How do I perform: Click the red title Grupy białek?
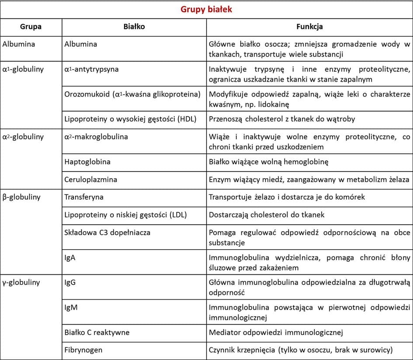206,9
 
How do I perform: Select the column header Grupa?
31,27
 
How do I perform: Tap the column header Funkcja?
309,27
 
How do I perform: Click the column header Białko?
134,27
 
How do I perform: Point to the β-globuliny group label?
21,197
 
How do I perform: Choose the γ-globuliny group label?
21,282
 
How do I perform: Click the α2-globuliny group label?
23,137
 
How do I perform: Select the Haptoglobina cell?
87,162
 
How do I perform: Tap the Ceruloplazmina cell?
90,180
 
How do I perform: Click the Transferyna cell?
84,197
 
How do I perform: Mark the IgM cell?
71,307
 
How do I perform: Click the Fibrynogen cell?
83,350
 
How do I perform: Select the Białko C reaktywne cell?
97,332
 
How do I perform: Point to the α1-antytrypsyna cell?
91,69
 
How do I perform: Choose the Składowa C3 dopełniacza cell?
107,232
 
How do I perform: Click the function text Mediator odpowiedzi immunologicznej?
276,332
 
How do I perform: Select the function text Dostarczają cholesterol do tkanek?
267,215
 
